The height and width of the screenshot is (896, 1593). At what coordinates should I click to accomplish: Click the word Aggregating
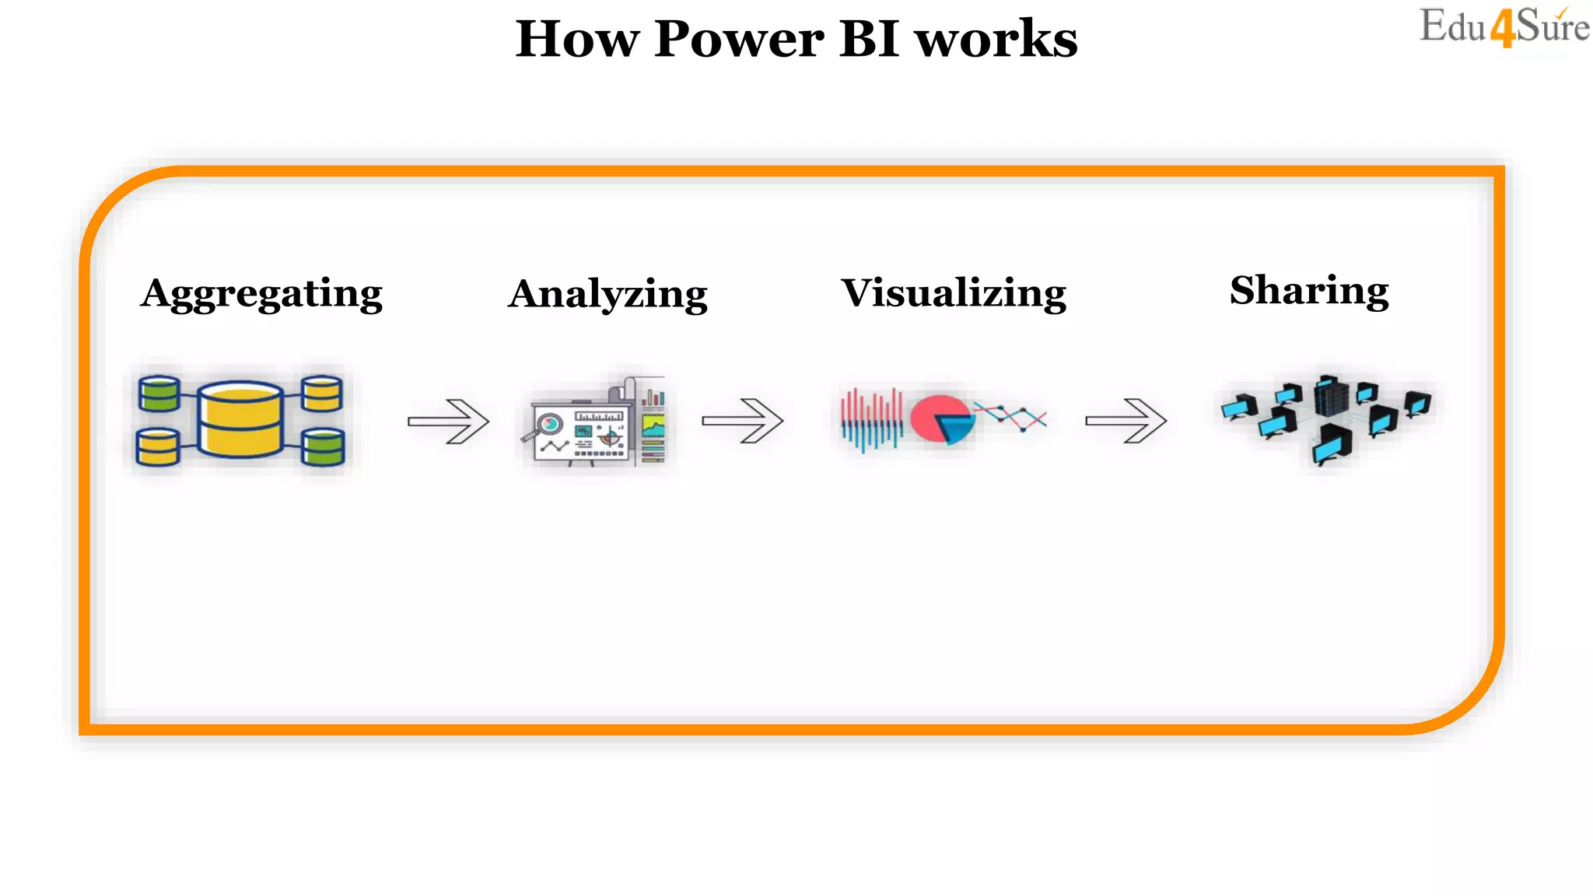[x=261, y=294]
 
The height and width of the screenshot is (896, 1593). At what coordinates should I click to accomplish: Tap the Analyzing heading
[x=607, y=295]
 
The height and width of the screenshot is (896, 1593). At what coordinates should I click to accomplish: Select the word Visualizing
[x=954, y=293]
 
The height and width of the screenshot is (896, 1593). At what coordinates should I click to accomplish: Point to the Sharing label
[x=1309, y=290]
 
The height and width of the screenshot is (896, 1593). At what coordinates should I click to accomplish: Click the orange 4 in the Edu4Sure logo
[x=1503, y=29]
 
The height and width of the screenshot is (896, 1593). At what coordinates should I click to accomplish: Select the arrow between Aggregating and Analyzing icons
[x=449, y=421]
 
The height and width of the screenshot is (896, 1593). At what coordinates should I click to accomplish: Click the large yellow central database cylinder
[x=240, y=419]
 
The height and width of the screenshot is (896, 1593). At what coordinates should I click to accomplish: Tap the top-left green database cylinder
[x=159, y=394]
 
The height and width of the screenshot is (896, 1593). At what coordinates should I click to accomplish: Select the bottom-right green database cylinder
[x=322, y=447]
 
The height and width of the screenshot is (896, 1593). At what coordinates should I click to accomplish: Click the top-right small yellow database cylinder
[x=321, y=394]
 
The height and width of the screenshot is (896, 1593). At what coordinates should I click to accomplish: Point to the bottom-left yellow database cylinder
[x=158, y=447]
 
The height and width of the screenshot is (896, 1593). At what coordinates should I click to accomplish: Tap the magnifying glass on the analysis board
[x=548, y=425]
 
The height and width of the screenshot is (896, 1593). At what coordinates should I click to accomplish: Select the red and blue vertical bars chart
[x=872, y=420]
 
